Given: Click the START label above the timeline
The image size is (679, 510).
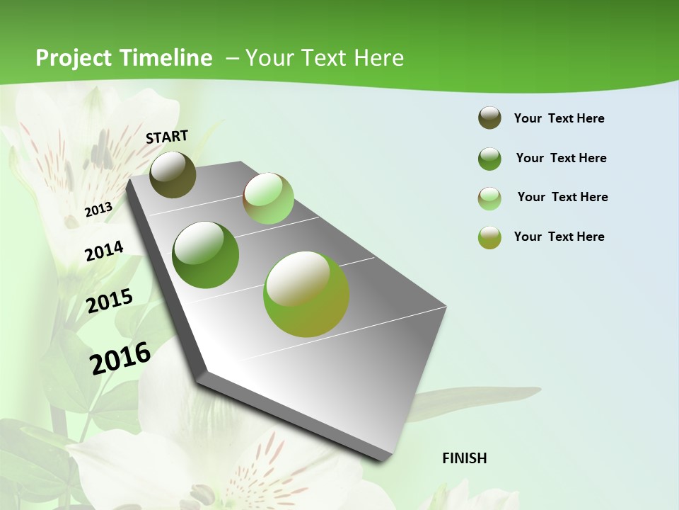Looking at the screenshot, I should pyautogui.click(x=167, y=137).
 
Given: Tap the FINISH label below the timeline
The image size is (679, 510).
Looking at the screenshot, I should pyautogui.click(x=464, y=458).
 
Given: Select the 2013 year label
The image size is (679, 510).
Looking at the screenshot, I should pyautogui.click(x=98, y=209).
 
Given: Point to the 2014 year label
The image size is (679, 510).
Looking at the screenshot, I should pyautogui.click(x=104, y=251).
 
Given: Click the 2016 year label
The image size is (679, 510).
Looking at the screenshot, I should pyautogui.click(x=120, y=358).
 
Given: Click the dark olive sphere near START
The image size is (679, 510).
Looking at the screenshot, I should pyautogui.click(x=173, y=174).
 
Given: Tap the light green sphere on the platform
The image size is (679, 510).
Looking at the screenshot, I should pyautogui.click(x=268, y=198).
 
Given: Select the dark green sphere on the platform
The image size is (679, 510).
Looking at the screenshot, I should pyautogui.click(x=206, y=254).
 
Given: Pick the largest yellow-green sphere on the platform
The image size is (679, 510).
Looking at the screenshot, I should pyautogui.click(x=306, y=294).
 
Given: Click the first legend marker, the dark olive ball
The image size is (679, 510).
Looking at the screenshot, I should pyautogui.click(x=489, y=118).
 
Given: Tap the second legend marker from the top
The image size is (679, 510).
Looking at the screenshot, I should pyautogui.click(x=489, y=159).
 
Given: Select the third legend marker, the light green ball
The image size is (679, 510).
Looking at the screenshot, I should pyautogui.click(x=489, y=198).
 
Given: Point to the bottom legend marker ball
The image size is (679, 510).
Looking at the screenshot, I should pyautogui.click(x=489, y=237).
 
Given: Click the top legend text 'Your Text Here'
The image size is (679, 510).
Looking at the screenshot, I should pyautogui.click(x=559, y=118).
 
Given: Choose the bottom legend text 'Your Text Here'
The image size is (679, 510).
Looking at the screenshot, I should pyautogui.click(x=559, y=237).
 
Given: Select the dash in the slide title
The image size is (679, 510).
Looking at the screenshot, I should pyautogui.click(x=232, y=58).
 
